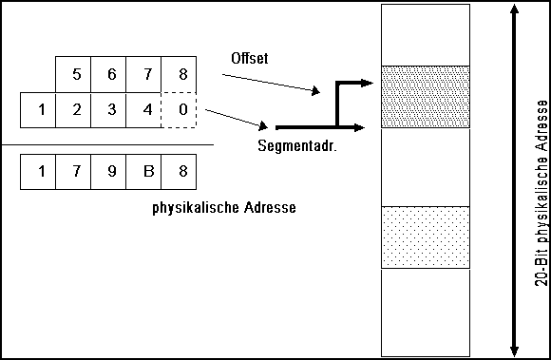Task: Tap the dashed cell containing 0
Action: point(179,109)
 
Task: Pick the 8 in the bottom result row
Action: point(179,172)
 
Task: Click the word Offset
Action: point(251,59)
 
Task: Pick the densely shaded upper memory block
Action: point(425,96)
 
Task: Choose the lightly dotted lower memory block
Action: point(425,237)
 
